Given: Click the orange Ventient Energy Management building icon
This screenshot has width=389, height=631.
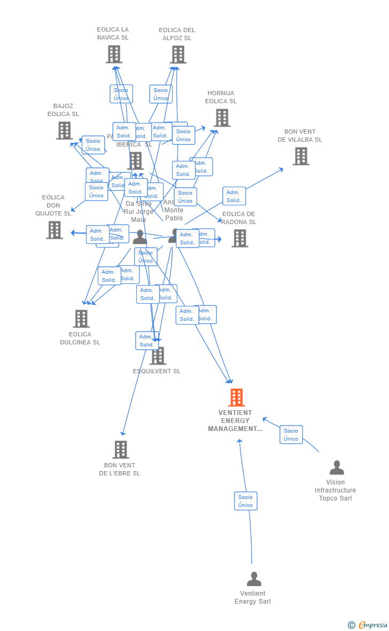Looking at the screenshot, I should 236,397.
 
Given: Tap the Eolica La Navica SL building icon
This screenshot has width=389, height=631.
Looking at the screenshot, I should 114,54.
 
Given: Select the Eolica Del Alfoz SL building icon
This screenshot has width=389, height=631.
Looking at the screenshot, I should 178,54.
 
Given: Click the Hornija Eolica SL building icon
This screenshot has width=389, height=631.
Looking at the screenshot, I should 222,118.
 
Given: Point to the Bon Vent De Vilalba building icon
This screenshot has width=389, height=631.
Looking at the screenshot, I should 301,156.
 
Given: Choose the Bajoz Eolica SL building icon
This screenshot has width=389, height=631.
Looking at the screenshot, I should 64,130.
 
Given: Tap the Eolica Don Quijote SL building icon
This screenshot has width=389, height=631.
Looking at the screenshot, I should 55,230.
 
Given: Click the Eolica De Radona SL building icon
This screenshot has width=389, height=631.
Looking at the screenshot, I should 239,238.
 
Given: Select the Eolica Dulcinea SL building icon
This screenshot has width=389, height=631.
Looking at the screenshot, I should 81,319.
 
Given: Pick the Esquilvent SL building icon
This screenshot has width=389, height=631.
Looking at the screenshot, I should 158,356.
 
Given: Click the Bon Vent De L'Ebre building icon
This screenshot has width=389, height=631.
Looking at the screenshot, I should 120,450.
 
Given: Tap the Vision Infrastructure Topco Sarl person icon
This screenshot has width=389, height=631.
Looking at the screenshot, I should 337,467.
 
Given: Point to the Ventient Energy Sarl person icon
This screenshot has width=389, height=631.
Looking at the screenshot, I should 254,579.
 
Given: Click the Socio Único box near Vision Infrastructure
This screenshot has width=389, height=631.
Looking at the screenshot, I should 291,435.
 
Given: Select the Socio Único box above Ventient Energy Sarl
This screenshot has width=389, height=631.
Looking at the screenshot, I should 246,501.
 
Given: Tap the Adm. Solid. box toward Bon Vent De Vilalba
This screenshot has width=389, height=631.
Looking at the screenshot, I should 234,196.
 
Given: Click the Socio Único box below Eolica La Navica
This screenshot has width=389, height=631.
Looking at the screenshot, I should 121,94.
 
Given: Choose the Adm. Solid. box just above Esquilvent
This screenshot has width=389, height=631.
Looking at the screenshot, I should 147,341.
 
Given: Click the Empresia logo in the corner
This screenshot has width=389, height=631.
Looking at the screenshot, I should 368,625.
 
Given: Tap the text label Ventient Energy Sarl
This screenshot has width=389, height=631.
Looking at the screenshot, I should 253,597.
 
